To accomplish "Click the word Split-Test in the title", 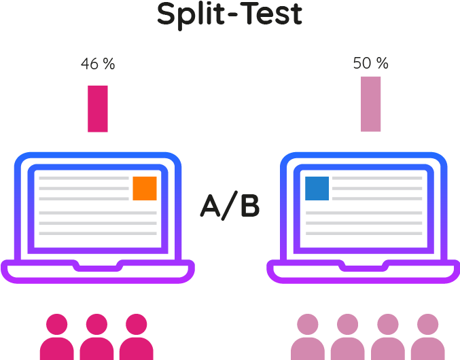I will [x=230, y=15].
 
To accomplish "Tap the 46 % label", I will [x=98, y=65].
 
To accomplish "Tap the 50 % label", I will [x=370, y=64].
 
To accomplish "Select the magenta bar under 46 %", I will [x=98, y=108].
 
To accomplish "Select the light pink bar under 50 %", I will [x=371, y=103].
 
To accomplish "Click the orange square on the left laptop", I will [x=145, y=188].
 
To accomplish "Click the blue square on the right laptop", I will [x=317, y=188].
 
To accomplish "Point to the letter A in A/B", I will [x=212, y=206].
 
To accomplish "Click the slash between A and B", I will [x=231, y=206].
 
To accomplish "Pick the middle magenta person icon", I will [x=96, y=338].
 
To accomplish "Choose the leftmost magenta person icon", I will [x=56, y=338].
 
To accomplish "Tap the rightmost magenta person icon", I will [x=137, y=338].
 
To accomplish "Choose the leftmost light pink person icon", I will [x=308, y=338].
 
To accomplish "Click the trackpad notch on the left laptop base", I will [x=98, y=264].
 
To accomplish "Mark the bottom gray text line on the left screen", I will [x=98, y=233].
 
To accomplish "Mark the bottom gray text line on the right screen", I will [x=364, y=233].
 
